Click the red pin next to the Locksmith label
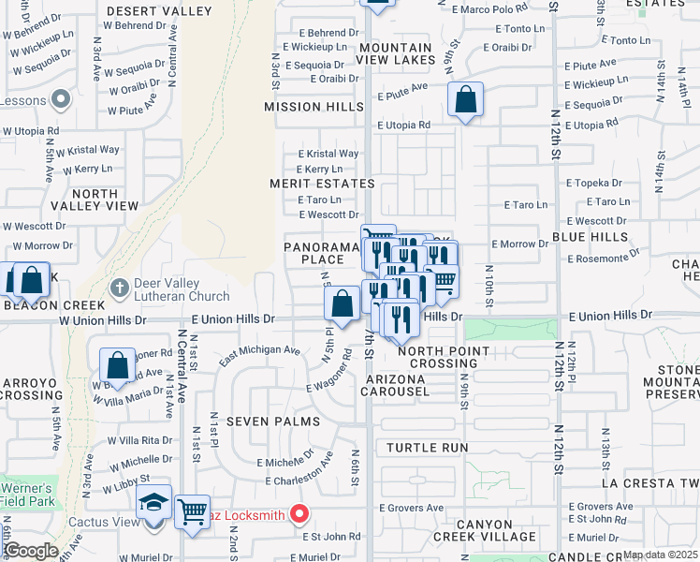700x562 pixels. [299, 513]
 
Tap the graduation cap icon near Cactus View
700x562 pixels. [153, 504]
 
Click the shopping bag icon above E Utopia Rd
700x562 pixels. [465, 99]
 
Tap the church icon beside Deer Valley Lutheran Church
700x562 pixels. [119, 288]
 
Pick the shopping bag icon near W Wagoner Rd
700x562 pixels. [118, 365]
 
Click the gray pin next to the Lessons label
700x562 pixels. [62, 98]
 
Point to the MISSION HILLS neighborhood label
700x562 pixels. [314, 107]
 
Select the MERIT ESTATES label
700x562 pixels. [322, 184]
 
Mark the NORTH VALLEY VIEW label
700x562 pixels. [93, 200]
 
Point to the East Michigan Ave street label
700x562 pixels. [260, 356]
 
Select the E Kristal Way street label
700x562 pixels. [328, 154]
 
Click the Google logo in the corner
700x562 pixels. [30, 550]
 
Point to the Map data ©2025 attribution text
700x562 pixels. [659, 555]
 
